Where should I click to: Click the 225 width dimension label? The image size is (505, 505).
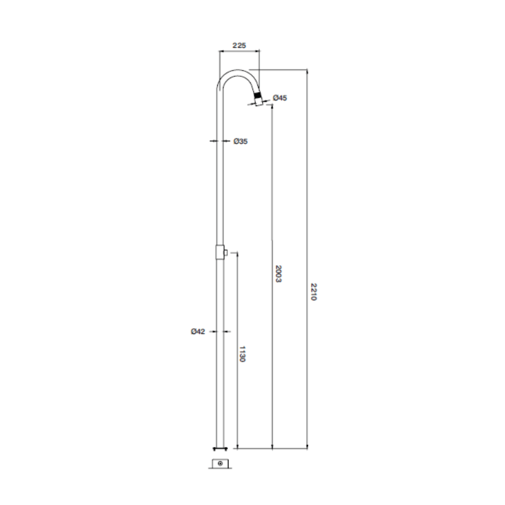239,45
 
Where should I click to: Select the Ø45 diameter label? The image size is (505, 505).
280,98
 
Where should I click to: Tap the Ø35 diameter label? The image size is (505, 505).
241,141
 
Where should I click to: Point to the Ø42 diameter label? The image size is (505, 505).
198,331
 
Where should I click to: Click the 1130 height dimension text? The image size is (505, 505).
242,354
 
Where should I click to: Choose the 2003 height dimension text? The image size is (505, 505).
278,274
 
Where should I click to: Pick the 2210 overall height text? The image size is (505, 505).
313,292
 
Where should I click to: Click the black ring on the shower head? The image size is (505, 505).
258,96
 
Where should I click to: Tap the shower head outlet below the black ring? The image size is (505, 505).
259,102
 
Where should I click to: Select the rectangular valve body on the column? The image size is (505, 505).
220,252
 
